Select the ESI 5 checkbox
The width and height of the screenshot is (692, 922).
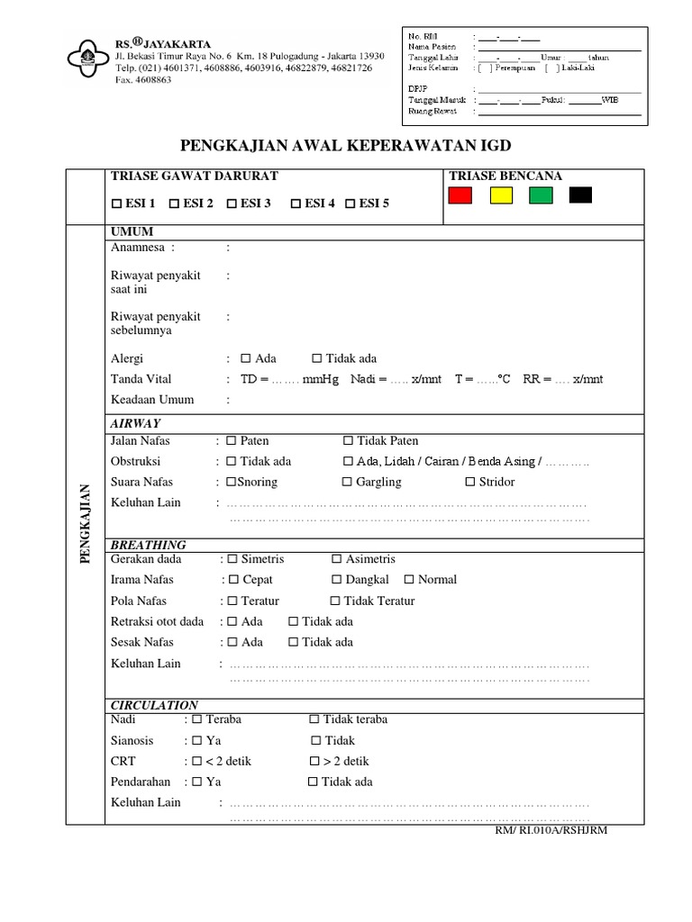[351, 203]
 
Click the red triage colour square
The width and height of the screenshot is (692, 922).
[460, 194]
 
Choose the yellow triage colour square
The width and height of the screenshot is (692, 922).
[501, 194]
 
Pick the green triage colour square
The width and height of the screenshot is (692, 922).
[541, 194]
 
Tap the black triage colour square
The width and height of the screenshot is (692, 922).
[580, 194]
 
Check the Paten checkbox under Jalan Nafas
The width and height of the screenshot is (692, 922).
[232, 441]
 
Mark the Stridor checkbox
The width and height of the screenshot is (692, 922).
[469, 483]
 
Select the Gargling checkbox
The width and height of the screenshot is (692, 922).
[348, 483]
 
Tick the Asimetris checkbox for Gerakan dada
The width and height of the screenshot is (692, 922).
[337, 560]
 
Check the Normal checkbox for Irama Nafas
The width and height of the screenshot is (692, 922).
[409, 580]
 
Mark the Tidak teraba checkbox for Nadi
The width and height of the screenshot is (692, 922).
[314, 720]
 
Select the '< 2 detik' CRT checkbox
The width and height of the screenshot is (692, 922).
[197, 762]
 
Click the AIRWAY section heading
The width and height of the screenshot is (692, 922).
[134, 423]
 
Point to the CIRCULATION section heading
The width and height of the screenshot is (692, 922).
[153, 704]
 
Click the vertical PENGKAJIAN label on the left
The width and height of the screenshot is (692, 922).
[86, 522]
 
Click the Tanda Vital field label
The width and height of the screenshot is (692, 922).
[141, 379]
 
